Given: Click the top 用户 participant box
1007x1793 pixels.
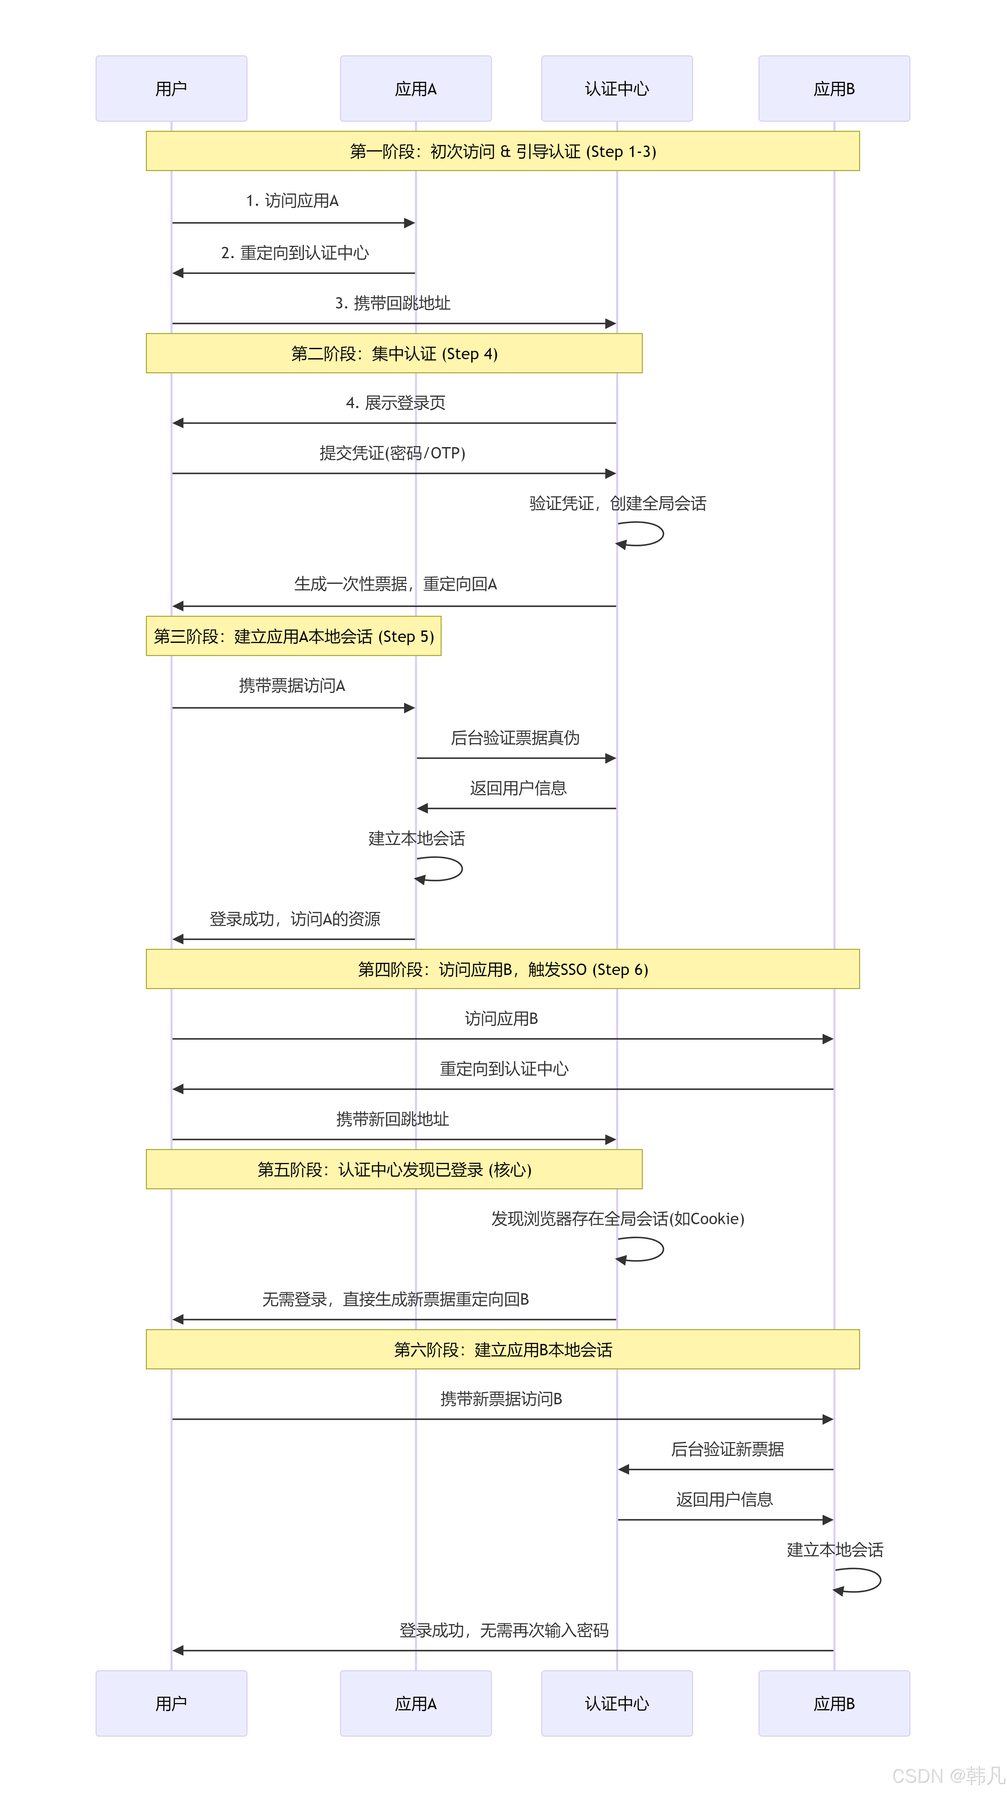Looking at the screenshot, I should pyautogui.click(x=171, y=89).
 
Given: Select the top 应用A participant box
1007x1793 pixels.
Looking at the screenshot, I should pyautogui.click(x=415, y=89).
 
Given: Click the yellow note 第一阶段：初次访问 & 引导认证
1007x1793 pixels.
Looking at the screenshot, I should pyautogui.click(x=502, y=151).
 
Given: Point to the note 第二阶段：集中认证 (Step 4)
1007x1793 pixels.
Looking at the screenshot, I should pyautogui.click(x=394, y=354).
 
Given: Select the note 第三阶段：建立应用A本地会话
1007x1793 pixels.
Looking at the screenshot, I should pyautogui.click(x=294, y=636).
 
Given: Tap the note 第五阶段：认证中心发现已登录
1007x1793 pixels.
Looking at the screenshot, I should pyautogui.click(x=394, y=1170).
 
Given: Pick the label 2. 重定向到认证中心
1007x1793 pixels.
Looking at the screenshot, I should pyautogui.click(x=295, y=253).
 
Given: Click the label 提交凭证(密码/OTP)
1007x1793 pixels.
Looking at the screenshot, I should pyautogui.click(x=392, y=453).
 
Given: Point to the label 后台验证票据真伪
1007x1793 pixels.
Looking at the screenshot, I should pyautogui.click(x=515, y=738).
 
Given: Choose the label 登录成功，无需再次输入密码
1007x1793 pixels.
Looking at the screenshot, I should pyautogui.click(x=504, y=1630).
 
